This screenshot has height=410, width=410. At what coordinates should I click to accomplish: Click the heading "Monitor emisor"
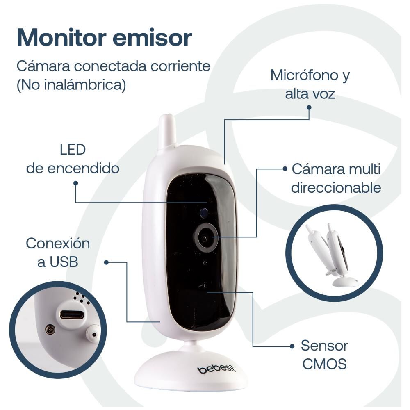point(104,38)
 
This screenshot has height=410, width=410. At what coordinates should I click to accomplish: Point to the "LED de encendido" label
point(73,159)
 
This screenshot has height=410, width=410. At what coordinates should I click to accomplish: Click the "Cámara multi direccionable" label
point(336,178)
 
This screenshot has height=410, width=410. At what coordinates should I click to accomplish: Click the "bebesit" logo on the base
point(217,369)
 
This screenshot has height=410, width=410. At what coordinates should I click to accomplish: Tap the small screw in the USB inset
point(50,329)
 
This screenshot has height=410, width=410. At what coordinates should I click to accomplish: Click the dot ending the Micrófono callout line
point(309,108)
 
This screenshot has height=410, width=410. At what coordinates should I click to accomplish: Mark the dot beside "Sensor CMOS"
point(292,346)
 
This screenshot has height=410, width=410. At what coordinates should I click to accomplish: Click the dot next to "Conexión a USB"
point(106,262)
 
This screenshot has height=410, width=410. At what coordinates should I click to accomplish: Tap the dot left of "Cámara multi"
point(285,169)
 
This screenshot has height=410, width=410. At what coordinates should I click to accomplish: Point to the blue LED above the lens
point(203,212)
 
